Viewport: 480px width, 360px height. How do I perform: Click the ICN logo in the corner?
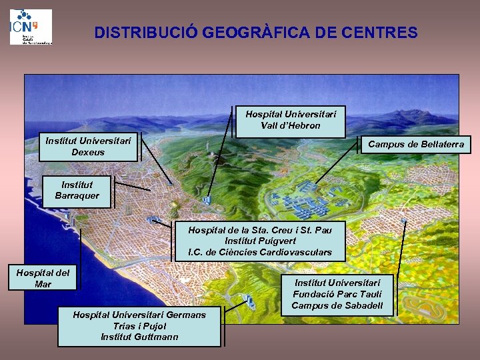(x=31, y=26)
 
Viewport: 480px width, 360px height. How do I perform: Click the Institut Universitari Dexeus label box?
(x=88, y=146)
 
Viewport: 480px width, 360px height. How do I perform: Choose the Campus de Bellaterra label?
(x=416, y=144)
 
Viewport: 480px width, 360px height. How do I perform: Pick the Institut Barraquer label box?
(x=77, y=190)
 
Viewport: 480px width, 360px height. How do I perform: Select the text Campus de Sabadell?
(x=337, y=306)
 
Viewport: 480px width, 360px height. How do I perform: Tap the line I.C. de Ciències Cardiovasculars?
(x=259, y=253)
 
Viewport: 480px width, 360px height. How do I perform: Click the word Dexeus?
(x=88, y=152)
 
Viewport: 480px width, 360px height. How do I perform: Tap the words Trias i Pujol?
(x=139, y=326)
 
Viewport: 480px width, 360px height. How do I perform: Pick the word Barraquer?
(x=77, y=196)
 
